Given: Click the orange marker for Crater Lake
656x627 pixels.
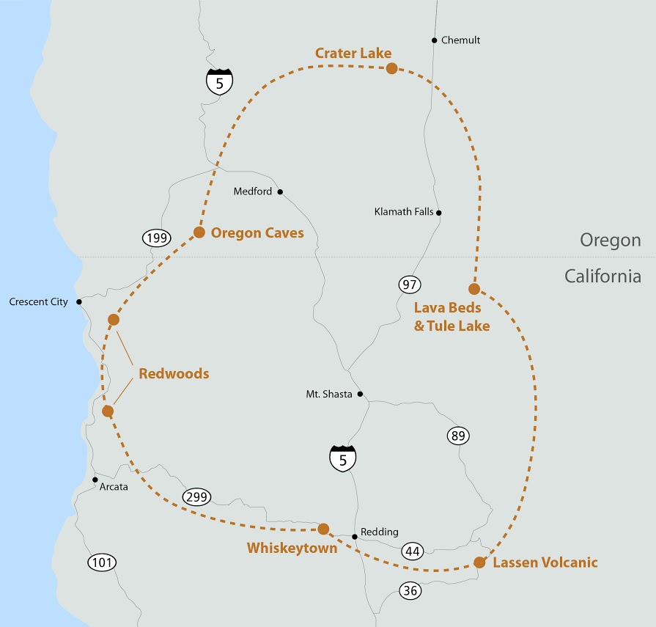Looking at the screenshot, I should [x=391, y=68].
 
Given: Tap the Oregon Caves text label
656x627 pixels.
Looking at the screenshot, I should [x=257, y=232].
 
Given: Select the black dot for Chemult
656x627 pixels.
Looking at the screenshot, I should [x=435, y=40].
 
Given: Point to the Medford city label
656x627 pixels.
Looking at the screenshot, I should [x=252, y=192].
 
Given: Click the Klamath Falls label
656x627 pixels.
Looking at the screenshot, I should [x=403, y=213].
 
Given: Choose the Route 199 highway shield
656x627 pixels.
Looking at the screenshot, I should [x=156, y=238].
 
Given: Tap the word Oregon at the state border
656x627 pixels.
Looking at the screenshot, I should [x=610, y=240].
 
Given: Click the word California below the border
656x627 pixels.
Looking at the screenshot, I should [x=602, y=276].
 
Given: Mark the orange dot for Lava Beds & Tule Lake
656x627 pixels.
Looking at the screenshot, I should [x=474, y=289].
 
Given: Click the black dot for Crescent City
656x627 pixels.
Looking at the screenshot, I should [x=78, y=301].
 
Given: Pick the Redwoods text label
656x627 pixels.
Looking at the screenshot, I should [x=174, y=374].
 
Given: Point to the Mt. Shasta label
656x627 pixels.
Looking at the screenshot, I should [x=329, y=394].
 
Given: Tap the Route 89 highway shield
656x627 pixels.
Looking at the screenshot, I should [x=458, y=436].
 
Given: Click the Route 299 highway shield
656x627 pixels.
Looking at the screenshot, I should [x=197, y=496].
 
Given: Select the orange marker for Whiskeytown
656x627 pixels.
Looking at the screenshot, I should [x=323, y=529].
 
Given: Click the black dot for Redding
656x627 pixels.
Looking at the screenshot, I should [x=355, y=537].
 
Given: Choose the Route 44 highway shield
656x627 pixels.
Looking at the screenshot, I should [x=413, y=550].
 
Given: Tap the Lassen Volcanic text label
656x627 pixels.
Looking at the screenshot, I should [x=545, y=562].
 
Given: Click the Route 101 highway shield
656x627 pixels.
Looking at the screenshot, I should [x=102, y=562].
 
